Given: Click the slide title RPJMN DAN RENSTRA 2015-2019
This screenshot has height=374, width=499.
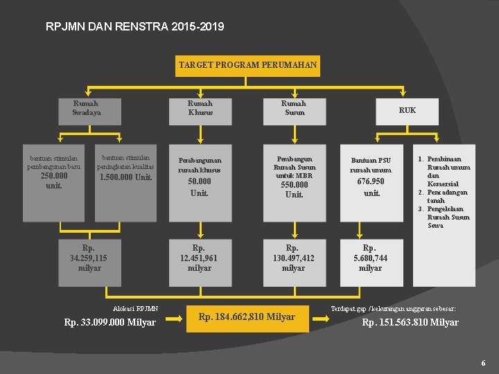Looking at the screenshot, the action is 134,27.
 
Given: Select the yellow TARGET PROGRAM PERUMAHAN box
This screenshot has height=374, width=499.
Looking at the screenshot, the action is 248,65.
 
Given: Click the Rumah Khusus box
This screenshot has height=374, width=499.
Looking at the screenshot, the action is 200,109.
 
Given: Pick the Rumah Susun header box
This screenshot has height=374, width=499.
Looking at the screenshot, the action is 294,109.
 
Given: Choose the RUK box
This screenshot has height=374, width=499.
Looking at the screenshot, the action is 408,110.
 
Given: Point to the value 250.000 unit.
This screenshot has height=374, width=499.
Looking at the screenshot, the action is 53,180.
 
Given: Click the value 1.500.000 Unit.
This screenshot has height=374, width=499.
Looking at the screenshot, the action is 125,177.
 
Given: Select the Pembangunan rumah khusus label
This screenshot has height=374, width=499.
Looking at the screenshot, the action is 200,165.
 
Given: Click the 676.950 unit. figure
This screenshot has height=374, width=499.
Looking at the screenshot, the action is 371,187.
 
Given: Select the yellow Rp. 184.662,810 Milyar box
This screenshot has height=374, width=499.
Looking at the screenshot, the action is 247,317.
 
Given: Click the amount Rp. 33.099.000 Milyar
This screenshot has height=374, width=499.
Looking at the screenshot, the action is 110,322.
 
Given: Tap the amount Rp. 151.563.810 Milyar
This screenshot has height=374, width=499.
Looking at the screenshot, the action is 410,322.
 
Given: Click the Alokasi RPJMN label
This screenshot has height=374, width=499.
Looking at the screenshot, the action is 135,309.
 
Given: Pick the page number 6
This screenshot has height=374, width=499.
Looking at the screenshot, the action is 482,363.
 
